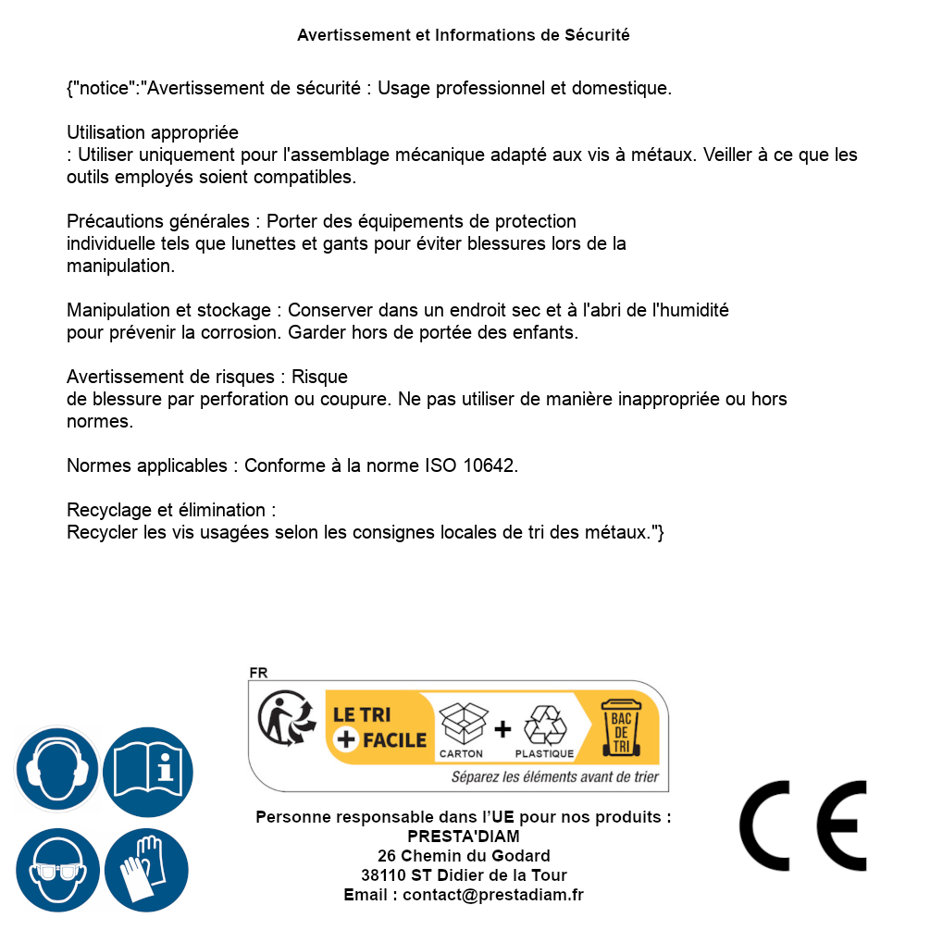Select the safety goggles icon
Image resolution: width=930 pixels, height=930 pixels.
56,870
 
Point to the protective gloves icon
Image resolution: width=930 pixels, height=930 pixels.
146,870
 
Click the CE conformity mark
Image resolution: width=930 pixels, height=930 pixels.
803,825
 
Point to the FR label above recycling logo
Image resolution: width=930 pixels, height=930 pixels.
258,674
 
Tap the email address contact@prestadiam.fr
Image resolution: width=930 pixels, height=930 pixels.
493,895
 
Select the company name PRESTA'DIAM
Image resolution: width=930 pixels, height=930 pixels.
464,837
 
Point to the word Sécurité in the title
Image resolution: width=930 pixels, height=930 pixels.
598,35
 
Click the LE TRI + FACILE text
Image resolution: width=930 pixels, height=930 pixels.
380,727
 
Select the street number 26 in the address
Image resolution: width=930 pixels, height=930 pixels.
387,856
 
